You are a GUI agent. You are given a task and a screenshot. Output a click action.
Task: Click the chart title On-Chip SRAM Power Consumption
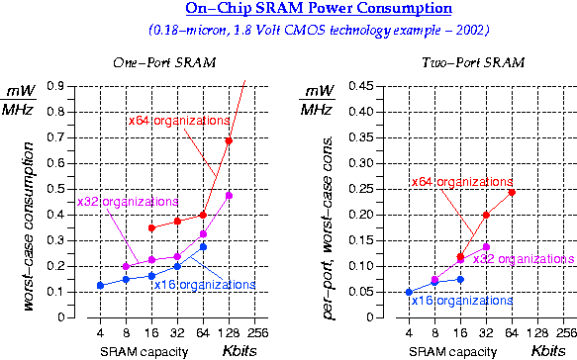click(x=287, y=11)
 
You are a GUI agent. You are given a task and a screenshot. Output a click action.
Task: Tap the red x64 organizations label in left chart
click(x=179, y=121)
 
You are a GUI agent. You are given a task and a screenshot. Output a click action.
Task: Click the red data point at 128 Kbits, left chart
click(x=229, y=140)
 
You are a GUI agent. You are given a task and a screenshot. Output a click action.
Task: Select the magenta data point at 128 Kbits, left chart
click(x=229, y=195)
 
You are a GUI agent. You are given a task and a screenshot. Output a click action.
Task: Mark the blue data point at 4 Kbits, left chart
click(x=100, y=285)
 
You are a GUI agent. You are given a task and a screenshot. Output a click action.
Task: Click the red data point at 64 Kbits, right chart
click(x=512, y=192)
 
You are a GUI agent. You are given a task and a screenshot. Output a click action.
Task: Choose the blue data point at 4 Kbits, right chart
click(x=409, y=292)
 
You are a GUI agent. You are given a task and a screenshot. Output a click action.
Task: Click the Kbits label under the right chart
click(x=547, y=351)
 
